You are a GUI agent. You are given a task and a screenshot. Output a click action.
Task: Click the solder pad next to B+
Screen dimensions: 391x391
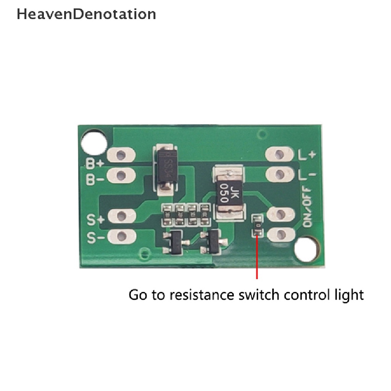click(121, 155)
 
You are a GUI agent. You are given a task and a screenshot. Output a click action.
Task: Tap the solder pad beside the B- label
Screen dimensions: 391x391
click(121, 176)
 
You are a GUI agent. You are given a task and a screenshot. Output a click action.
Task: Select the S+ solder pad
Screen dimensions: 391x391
click(121, 217)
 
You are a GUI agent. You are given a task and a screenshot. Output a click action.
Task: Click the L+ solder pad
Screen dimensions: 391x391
click(280, 155)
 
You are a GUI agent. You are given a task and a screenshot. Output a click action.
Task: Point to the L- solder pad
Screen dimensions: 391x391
click(280, 174)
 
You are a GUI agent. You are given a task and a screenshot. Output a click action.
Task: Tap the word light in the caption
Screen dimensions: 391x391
click(349, 295)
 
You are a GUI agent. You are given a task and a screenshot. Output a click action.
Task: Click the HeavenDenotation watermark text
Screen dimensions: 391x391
click(86, 14)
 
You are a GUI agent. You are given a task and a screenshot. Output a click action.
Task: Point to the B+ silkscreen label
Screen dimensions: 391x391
click(94, 164)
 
